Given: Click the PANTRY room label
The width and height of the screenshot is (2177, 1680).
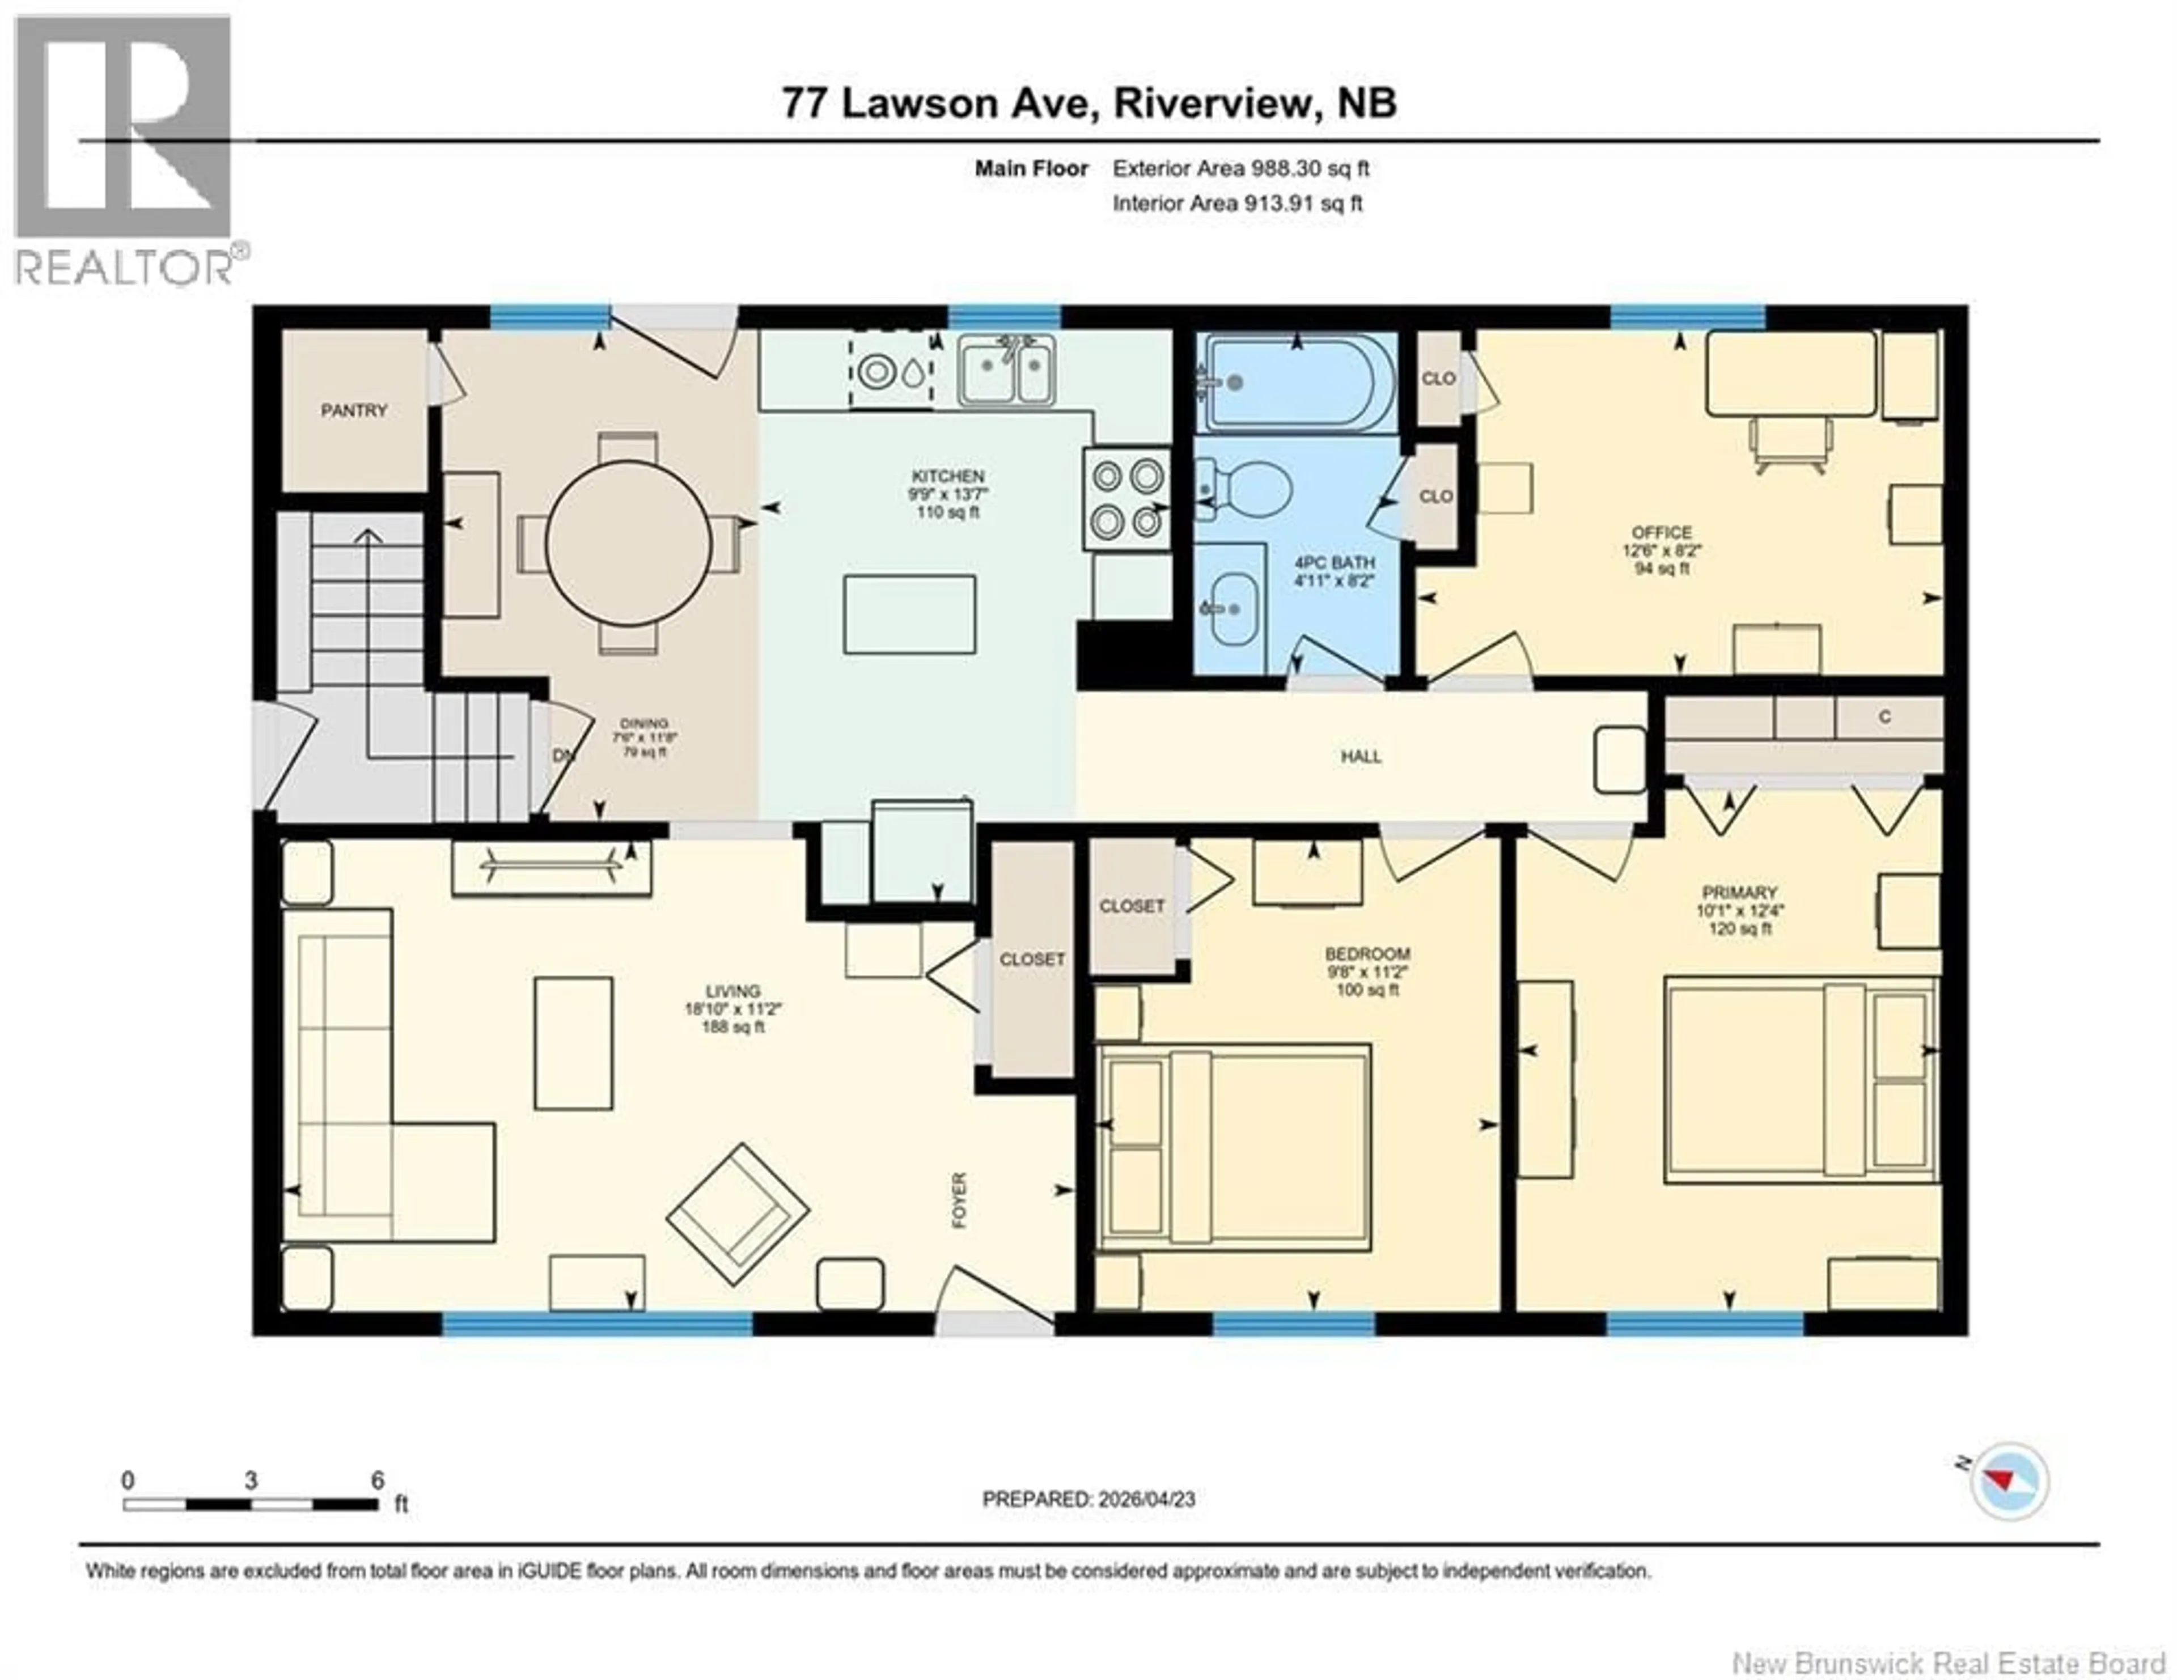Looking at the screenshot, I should tap(354, 410).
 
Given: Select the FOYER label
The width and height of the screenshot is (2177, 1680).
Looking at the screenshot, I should tap(960, 1200).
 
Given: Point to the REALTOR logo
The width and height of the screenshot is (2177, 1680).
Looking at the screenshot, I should tap(125, 150).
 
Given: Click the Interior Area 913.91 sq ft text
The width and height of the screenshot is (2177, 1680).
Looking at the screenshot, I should tap(1237, 203).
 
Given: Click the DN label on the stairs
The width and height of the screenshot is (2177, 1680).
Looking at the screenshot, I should tap(564, 756).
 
